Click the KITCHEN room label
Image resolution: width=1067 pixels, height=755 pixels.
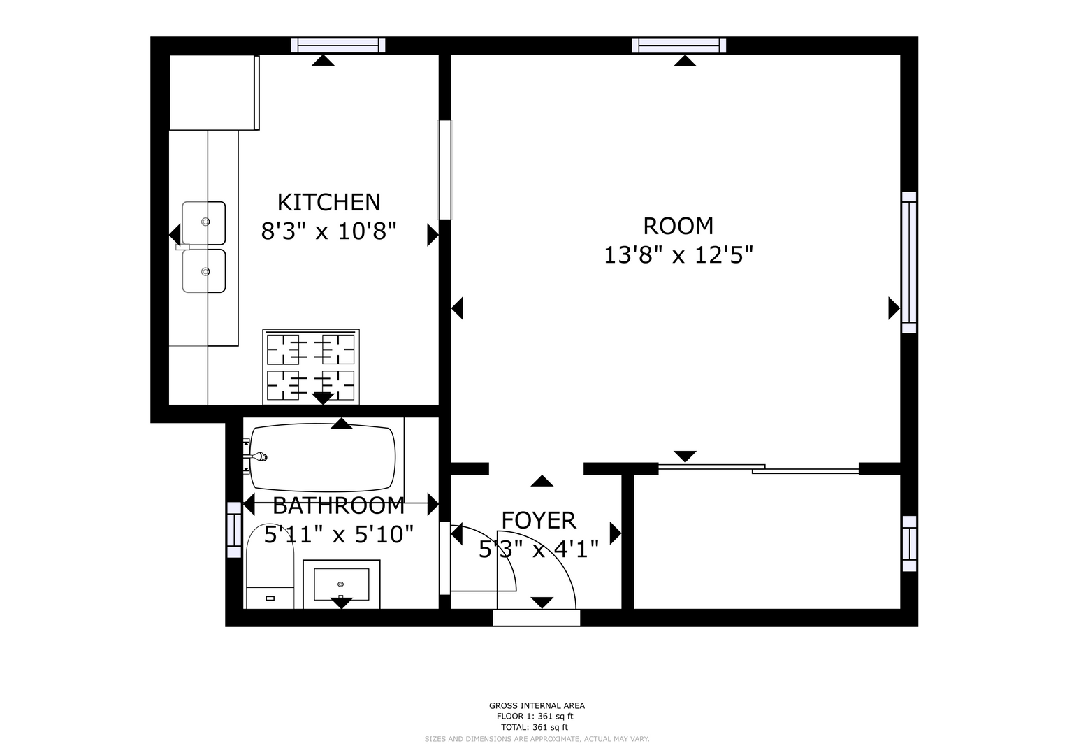pos(328,203)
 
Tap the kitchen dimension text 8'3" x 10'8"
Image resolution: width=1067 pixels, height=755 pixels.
pos(328,231)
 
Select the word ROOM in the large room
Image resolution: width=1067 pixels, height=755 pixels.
pos(678,226)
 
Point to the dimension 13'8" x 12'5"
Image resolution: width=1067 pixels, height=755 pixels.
pos(678,255)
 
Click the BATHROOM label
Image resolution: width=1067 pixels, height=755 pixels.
pos(339,505)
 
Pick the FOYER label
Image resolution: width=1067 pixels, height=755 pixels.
pos(539,521)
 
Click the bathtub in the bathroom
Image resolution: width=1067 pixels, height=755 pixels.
pos(323,458)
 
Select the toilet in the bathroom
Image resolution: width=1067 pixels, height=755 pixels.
pos(270,566)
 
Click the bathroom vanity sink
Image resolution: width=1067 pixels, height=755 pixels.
pos(341,584)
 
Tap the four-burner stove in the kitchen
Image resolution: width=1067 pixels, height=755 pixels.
pos(310,367)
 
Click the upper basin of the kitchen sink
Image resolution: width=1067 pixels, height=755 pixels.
pos(204,222)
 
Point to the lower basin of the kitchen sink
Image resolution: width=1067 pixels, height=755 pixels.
pos(204,271)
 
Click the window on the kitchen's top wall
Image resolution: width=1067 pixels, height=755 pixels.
pos(338,45)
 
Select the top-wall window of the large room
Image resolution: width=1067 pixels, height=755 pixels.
pos(678,45)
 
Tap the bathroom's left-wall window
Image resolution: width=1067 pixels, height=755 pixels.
pos(234,530)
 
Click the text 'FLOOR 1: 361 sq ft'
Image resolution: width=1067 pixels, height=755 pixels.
pos(535,717)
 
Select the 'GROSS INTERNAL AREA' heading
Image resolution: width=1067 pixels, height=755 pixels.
pos(537,705)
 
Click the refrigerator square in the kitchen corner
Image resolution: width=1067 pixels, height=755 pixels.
pos(214,92)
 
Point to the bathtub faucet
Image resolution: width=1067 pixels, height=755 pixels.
pos(257,457)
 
